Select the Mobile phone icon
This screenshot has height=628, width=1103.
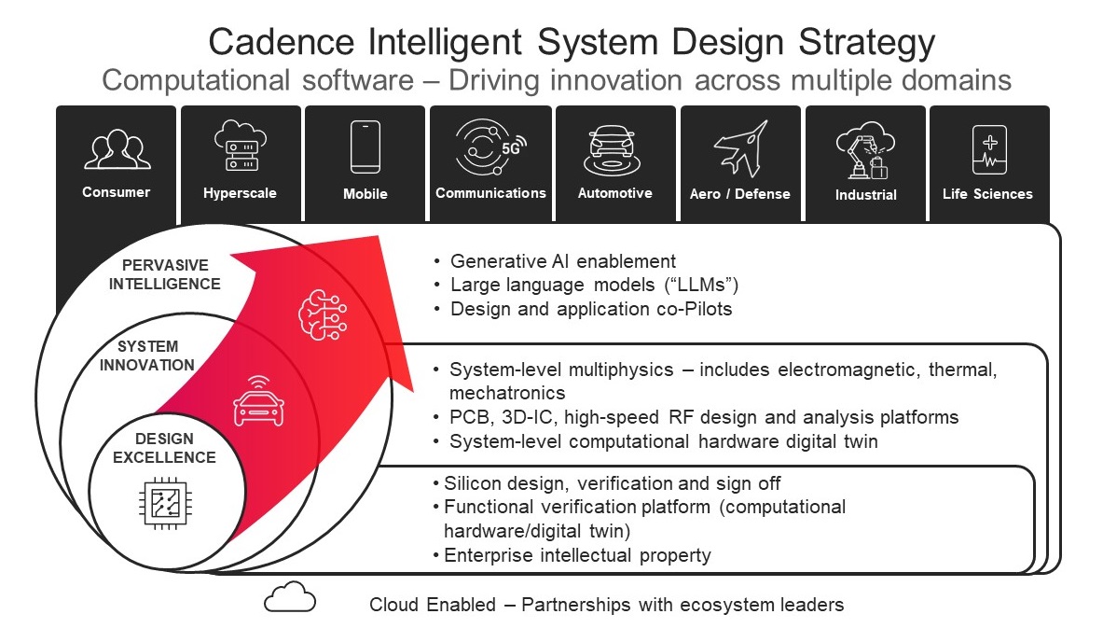pos(365,147)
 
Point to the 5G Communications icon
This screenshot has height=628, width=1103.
pos(489,147)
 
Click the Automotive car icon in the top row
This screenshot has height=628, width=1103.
pos(614,149)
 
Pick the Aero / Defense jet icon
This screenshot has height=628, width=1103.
pos(740,148)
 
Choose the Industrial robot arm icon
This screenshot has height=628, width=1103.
pos(865,150)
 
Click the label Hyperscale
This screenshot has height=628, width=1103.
pos(240,194)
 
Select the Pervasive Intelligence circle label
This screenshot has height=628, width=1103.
pos(165,274)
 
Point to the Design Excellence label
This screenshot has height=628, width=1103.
pos(164,448)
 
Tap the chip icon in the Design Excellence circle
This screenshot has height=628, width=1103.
pos(164,504)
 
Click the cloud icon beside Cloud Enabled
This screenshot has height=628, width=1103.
pos(290,596)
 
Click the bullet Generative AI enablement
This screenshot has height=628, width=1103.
pos(563,261)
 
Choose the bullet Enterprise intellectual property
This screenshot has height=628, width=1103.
pos(577,556)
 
